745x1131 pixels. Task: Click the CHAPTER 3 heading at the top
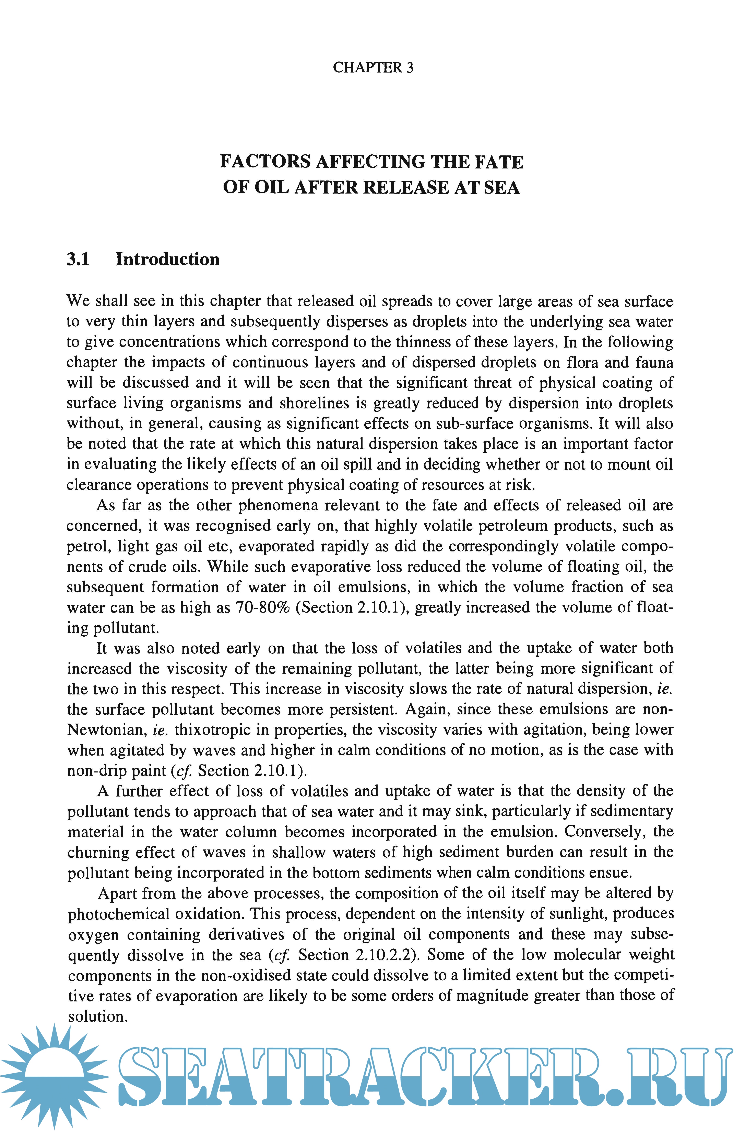(x=373, y=68)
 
